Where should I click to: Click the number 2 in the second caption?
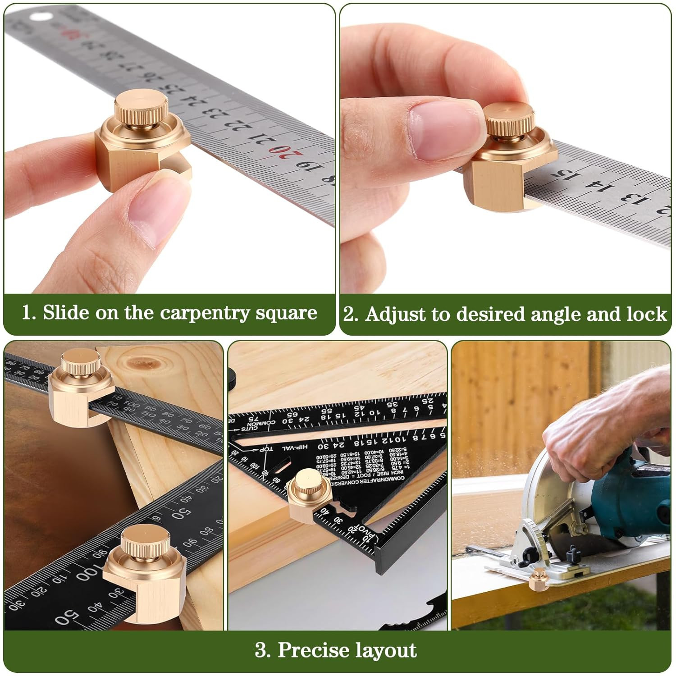click(350, 314)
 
